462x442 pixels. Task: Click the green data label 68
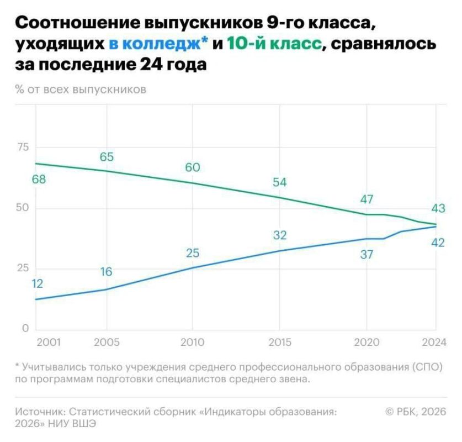[39, 180]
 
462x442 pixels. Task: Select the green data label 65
[107, 157]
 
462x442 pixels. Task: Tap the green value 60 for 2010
[193, 168]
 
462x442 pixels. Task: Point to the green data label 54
[280, 183]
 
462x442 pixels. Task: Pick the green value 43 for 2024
[438, 209]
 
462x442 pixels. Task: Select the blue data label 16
[106, 272]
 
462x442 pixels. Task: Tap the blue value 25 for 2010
[193, 254]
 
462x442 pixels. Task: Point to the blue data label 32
[280, 235]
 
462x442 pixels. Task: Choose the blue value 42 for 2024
[438, 242]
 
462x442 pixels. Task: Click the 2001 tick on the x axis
[49, 342]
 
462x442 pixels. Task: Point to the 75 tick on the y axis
[22, 147]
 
